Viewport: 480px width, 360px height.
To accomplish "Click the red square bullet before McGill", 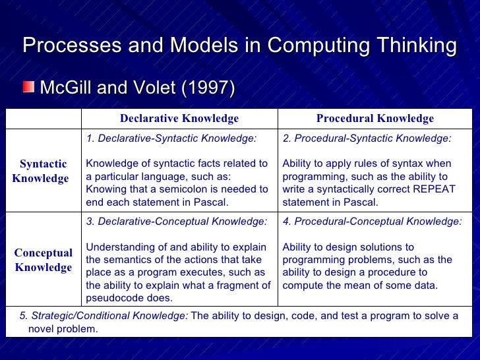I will click(x=30, y=88).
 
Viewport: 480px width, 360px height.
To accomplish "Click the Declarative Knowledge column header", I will click(x=179, y=119).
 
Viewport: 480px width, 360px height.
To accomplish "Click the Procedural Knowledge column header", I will click(x=375, y=119).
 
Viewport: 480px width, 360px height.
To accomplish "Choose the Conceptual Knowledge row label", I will click(x=43, y=260).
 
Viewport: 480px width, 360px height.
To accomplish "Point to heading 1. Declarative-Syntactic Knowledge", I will click(x=171, y=138).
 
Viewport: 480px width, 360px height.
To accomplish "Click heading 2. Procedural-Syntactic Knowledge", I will click(x=367, y=138).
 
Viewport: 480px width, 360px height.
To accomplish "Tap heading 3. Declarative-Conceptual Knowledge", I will click(x=177, y=222).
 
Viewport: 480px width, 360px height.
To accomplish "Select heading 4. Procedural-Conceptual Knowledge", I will click(x=372, y=222).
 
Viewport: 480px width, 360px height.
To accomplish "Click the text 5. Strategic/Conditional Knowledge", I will click(x=104, y=316).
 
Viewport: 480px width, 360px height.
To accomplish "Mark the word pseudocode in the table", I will click(x=114, y=298).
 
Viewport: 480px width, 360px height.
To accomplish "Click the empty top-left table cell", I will click(x=43, y=119).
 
